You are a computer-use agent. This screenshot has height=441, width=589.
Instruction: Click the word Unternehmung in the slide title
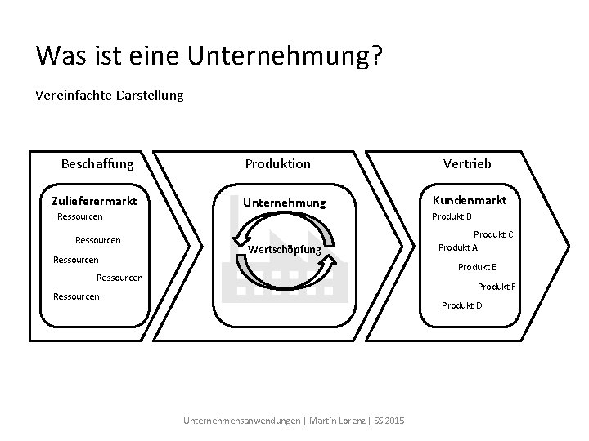pos(279,55)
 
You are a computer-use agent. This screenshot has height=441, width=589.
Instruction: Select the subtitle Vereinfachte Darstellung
pos(110,96)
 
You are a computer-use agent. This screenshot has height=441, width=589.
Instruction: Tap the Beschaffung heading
pos(97,163)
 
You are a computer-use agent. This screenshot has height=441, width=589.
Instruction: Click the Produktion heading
pos(278,163)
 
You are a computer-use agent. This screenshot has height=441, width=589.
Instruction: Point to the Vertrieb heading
pos(468,163)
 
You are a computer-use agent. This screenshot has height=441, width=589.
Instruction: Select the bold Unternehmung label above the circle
pos(285,202)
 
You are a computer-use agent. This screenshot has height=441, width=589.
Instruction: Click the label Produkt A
pos(458,247)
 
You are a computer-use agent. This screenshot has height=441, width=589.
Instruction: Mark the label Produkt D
pos(462,305)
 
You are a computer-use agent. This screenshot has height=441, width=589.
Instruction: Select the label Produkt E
pos(477,267)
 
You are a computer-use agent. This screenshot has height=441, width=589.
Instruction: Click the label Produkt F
pos(497,286)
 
